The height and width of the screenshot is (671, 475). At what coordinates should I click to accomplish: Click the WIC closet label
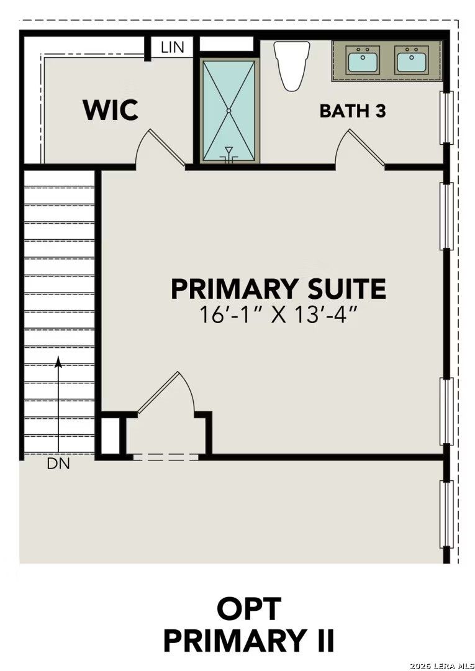tap(111, 110)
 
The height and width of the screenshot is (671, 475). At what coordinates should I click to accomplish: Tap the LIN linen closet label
tap(172, 47)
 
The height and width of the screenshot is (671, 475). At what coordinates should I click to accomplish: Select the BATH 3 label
tap(353, 111)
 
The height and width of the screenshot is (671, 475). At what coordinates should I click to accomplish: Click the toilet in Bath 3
tap(293, 65)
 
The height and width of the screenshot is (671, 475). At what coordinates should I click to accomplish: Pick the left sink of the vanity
tap(363, 61)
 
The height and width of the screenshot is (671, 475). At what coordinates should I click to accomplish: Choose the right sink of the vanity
tap(412, 61)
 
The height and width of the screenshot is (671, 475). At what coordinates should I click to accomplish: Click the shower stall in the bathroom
tap(228, 110)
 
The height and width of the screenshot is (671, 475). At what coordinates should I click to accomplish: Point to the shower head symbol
tap(228, 153)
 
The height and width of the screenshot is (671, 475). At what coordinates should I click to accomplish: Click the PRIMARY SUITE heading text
tap(278, 290)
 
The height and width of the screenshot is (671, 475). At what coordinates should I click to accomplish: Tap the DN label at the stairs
tap(58, 463)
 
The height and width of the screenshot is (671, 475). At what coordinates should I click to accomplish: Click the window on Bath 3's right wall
tap(446, 117)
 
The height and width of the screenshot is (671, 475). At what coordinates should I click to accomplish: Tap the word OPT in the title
tap(248, 609)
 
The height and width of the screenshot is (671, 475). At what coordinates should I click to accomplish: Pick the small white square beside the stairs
tap(110, 436)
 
